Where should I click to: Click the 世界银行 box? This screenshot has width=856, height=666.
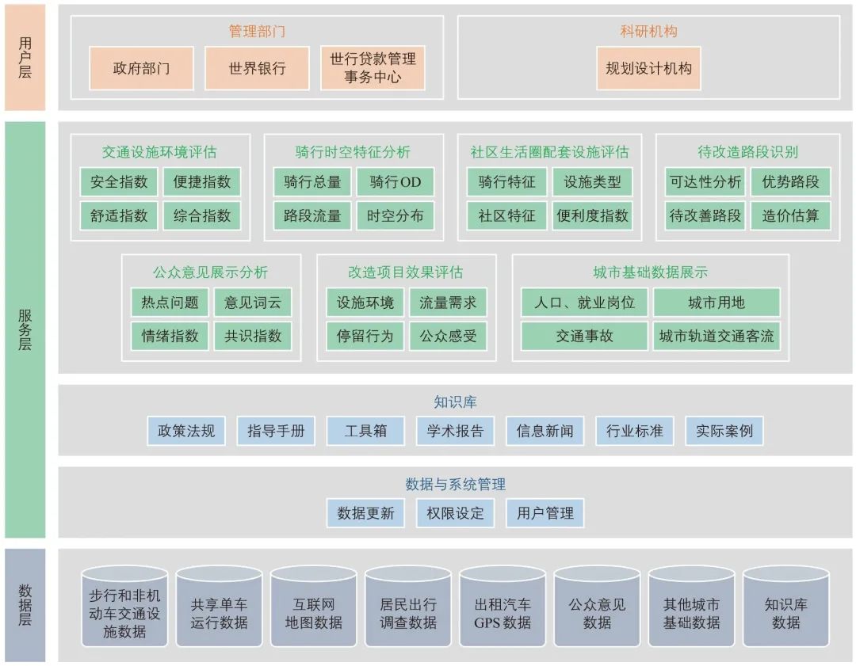click(257, 68)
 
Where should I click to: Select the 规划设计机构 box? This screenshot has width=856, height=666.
click(648, 68)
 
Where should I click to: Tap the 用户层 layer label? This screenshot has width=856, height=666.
click(25, 57)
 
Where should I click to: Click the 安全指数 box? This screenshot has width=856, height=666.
click(119, 182)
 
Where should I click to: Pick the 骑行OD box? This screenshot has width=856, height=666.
click(395, 182)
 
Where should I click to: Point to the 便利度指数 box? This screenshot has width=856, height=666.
click(592, 215)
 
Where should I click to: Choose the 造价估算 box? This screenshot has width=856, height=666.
click(790, 215)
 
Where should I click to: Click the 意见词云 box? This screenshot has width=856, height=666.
click(253, 303)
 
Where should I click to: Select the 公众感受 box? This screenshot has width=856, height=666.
click(448, 336)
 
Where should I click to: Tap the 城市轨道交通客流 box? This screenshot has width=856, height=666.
click(717, 336)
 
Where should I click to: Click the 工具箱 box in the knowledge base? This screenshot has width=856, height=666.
click(365, 432)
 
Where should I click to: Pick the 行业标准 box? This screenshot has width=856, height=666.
click(634, 432)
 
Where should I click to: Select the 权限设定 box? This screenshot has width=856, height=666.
click(455, 512)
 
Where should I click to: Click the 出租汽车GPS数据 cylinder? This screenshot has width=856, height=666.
click(503, 611)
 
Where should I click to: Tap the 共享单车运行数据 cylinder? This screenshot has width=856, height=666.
click(219, 611)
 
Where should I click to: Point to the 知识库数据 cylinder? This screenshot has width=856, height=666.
click(785, 611)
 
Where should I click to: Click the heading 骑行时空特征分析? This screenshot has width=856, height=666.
click(353, 152)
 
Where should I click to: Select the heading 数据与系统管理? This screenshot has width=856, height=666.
click(455, 484)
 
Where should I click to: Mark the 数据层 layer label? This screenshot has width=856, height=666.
click(25, 606)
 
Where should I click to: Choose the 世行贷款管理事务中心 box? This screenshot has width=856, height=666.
click(373, 68)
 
